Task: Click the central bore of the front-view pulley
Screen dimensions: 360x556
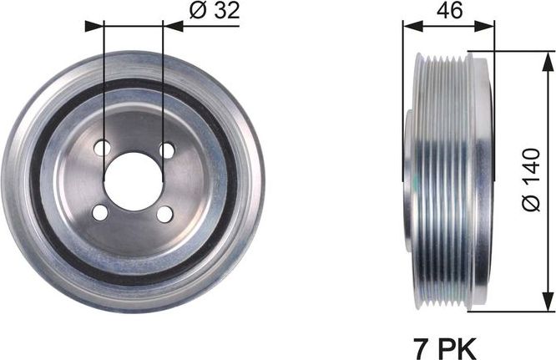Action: [132, 181]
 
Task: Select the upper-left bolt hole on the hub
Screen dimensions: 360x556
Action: [102, 149]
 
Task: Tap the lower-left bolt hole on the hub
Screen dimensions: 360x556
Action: [100, 213]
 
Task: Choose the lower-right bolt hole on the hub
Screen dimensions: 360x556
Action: [164, 215]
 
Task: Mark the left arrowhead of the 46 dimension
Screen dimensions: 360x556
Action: [409, 25]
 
